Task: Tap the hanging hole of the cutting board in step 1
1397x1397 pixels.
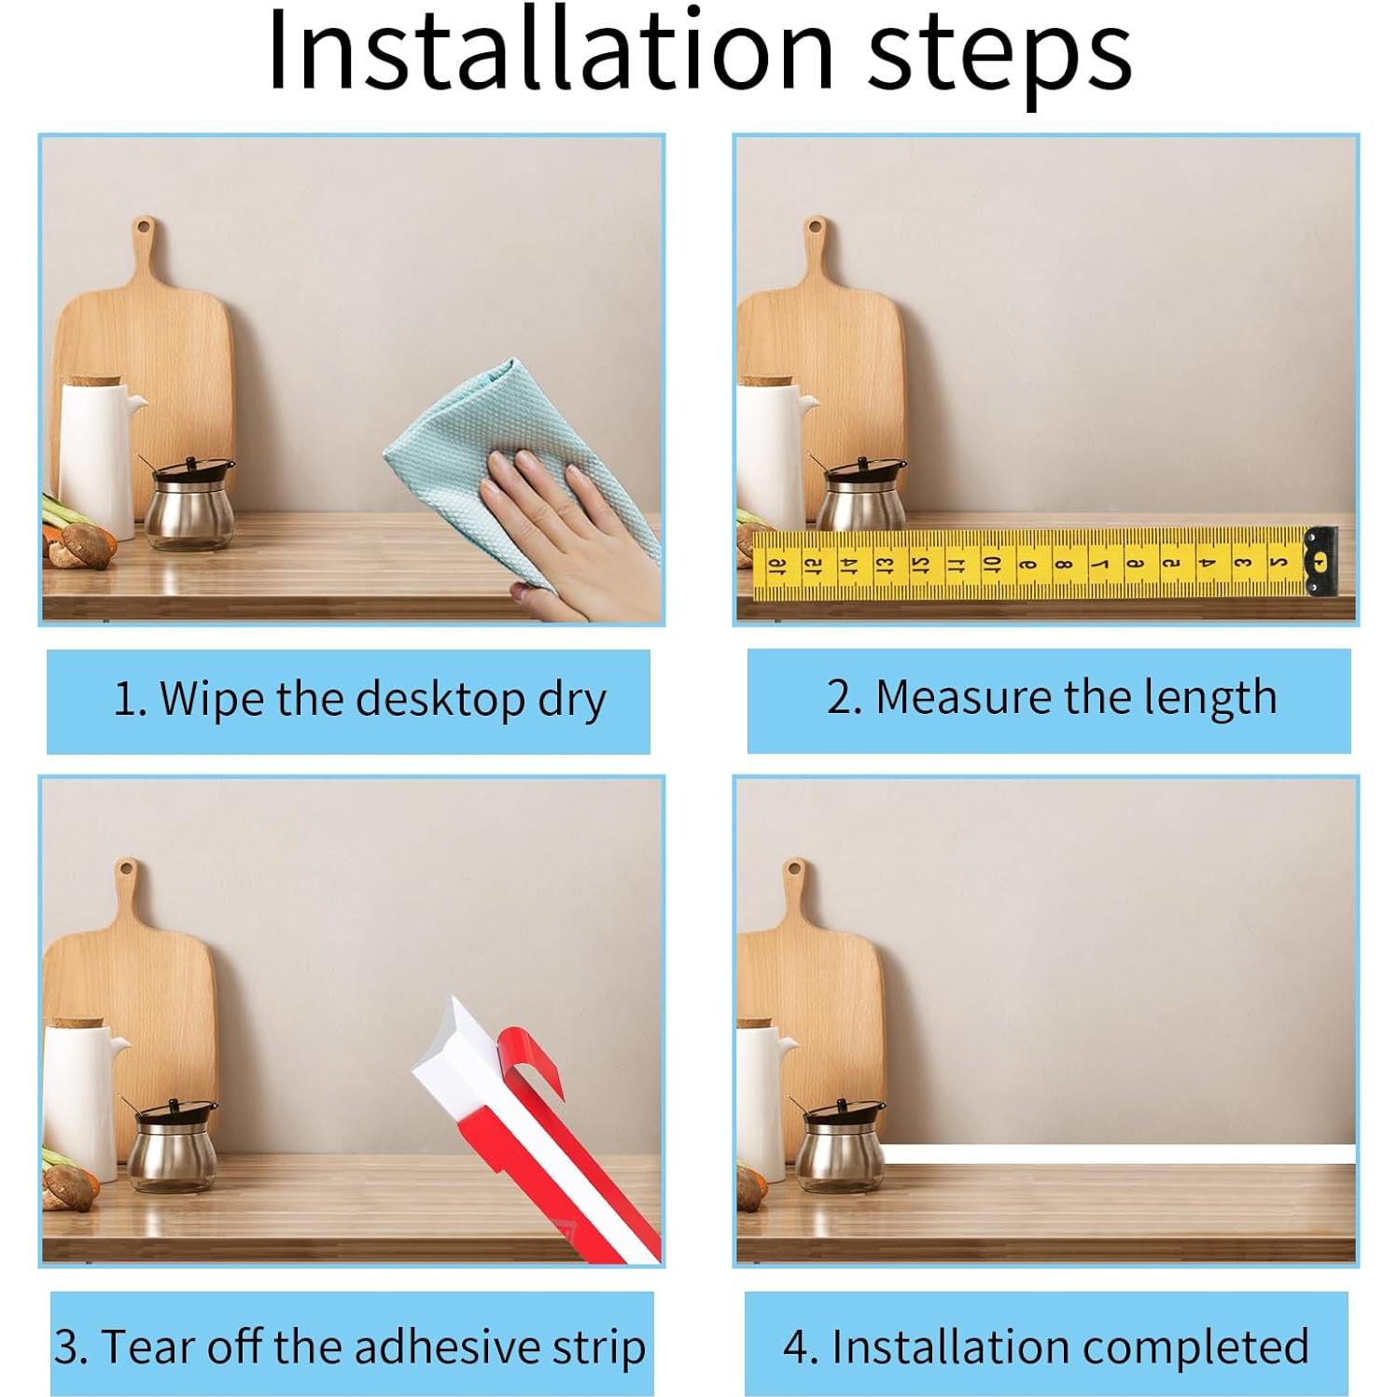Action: [x=144, y=227]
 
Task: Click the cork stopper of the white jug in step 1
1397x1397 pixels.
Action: [x=92, y=381]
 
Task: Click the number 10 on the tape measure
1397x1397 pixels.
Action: [x=991, y=564]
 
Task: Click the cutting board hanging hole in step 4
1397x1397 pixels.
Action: [x=794, y=869]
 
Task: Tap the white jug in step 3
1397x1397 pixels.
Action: [x=82, y=1101]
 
